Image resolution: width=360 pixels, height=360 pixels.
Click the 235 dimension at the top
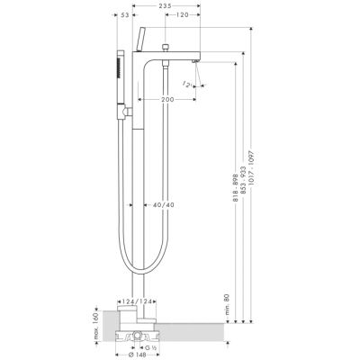point(162,7)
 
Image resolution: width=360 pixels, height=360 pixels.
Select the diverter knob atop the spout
point(168,45)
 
